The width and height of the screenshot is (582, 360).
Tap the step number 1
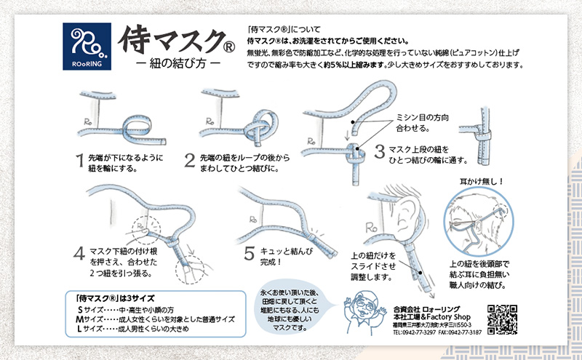pyautogui.click(x=81, y=161)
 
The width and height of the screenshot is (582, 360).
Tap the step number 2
pyautogui.click(x=189, y=161)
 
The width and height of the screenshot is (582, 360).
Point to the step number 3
pyautogui.click(x=379, y=151)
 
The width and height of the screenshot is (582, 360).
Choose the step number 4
pyautogui.click(x=79, y=254)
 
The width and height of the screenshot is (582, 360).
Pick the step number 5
pyautogui.click(x=249, y=254)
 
